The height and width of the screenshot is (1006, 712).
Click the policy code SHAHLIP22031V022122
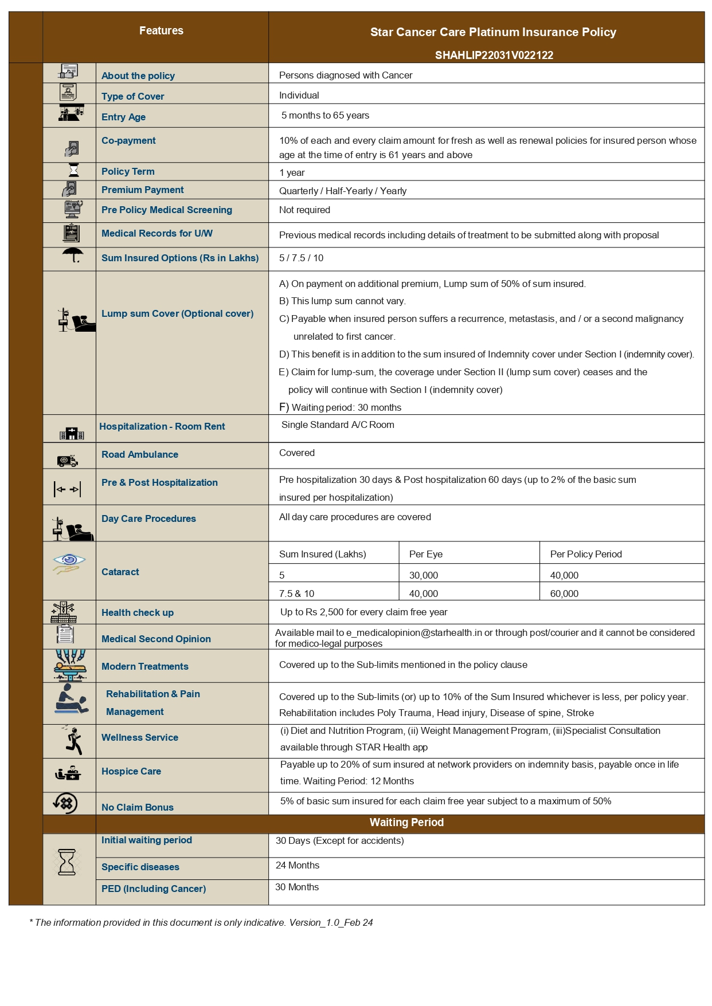tap(494, 55)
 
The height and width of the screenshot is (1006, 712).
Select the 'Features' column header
tap(161, 31)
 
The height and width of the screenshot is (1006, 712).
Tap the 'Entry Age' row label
tap(123, 117)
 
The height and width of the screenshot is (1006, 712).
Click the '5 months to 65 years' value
tap(325, 115)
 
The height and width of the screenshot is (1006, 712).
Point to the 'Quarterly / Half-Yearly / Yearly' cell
tap(342, 191)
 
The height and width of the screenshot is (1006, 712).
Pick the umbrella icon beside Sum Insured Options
tap(72, 255)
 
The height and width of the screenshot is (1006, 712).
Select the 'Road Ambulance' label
tap(139, 454)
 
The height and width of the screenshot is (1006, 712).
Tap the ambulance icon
tap(67, 460)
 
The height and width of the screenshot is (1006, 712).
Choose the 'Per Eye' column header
tap(425, 554)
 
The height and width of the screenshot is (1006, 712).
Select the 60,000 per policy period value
tap(564, 594)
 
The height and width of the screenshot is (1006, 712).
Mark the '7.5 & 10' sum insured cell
tap(296, 594)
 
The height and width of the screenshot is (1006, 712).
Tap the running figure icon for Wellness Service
tap(73, 740)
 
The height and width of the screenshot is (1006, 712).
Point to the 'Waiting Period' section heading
tap(406, 822)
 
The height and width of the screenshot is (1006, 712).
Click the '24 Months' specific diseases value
tap(297, 865)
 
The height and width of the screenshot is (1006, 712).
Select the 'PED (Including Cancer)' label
tap(153, 889)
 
